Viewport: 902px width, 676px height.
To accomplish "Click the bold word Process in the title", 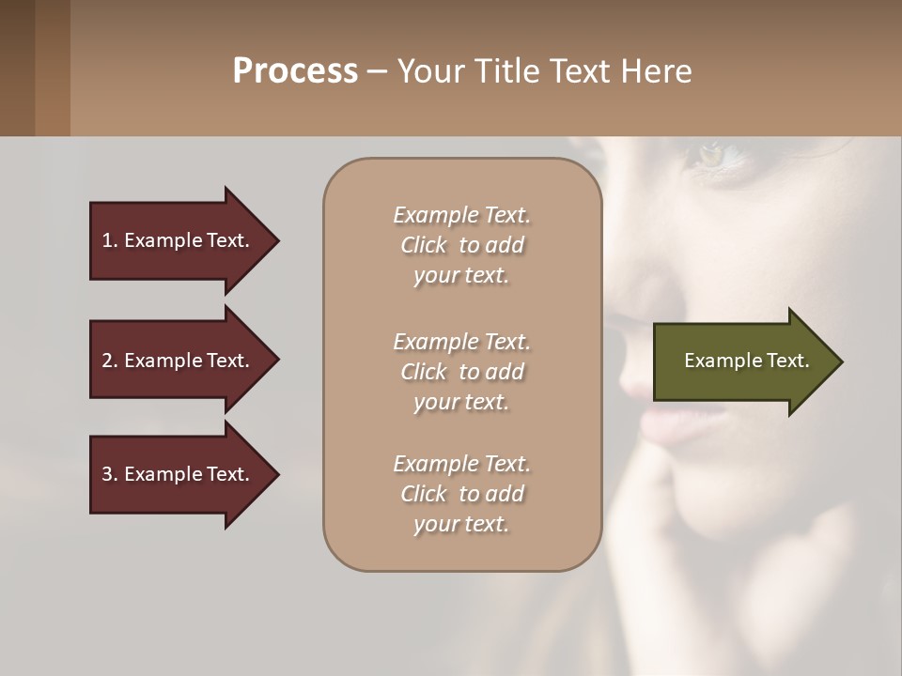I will click(295, 71).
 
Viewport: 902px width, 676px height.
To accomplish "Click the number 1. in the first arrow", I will click(110, 240).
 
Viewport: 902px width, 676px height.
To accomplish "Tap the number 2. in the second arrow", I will click(110, 361).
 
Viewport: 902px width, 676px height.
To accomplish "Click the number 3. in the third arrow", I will click(110, 474).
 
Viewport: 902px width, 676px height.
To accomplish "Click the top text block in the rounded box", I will click(461, 245).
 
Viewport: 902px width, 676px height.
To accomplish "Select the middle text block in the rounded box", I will click(461, 371).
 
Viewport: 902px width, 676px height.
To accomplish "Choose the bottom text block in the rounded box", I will click(461, 494).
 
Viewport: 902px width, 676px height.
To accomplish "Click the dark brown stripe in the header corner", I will click(17, 68).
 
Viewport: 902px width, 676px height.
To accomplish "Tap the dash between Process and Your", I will click(377, 71).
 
